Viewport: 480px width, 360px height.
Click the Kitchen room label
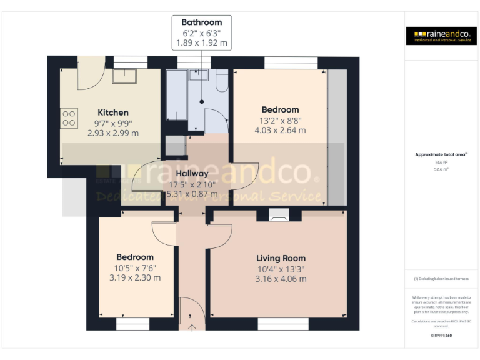tap(113, 112)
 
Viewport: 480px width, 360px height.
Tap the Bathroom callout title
tap(201, 22)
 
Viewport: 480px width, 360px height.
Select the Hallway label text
tap(192, 173)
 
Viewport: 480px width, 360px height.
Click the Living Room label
tap(281, 258)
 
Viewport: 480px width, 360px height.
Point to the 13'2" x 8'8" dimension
tap(280, 120)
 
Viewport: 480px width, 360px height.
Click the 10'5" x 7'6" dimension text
tap(135, 267)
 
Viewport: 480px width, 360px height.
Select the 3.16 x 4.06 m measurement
tap(281, 279)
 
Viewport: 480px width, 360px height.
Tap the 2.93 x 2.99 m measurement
tap(113, 133)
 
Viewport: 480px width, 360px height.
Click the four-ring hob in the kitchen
tap(69, 119)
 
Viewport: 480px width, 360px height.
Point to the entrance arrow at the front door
tap(192, 326)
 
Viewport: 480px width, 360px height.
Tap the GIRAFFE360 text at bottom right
tap(441, 336)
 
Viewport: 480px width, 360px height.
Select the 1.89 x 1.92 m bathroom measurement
tap(201, 44)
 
